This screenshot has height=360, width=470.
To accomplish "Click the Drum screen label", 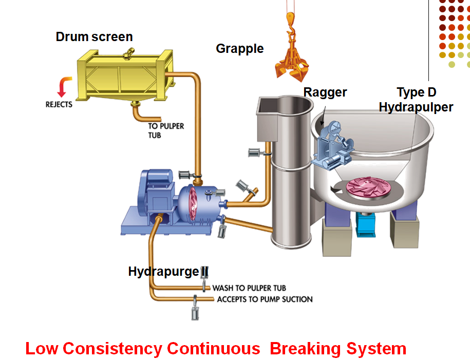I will click(x=94, y=37).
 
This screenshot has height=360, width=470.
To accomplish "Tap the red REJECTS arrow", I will click(x=64, y=87).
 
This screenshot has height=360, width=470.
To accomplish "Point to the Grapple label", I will click(x=240, y=49).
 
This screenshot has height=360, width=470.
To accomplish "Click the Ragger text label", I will click(x=325, y=92).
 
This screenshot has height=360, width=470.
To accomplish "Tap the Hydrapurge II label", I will click(x=168, y=272).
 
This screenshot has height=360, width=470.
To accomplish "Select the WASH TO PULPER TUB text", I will click(x=249, y=288).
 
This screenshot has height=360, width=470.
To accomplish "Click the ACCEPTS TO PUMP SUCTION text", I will click(x=265, y=299).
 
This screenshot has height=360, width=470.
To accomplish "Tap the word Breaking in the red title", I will click(x=306, y=349).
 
